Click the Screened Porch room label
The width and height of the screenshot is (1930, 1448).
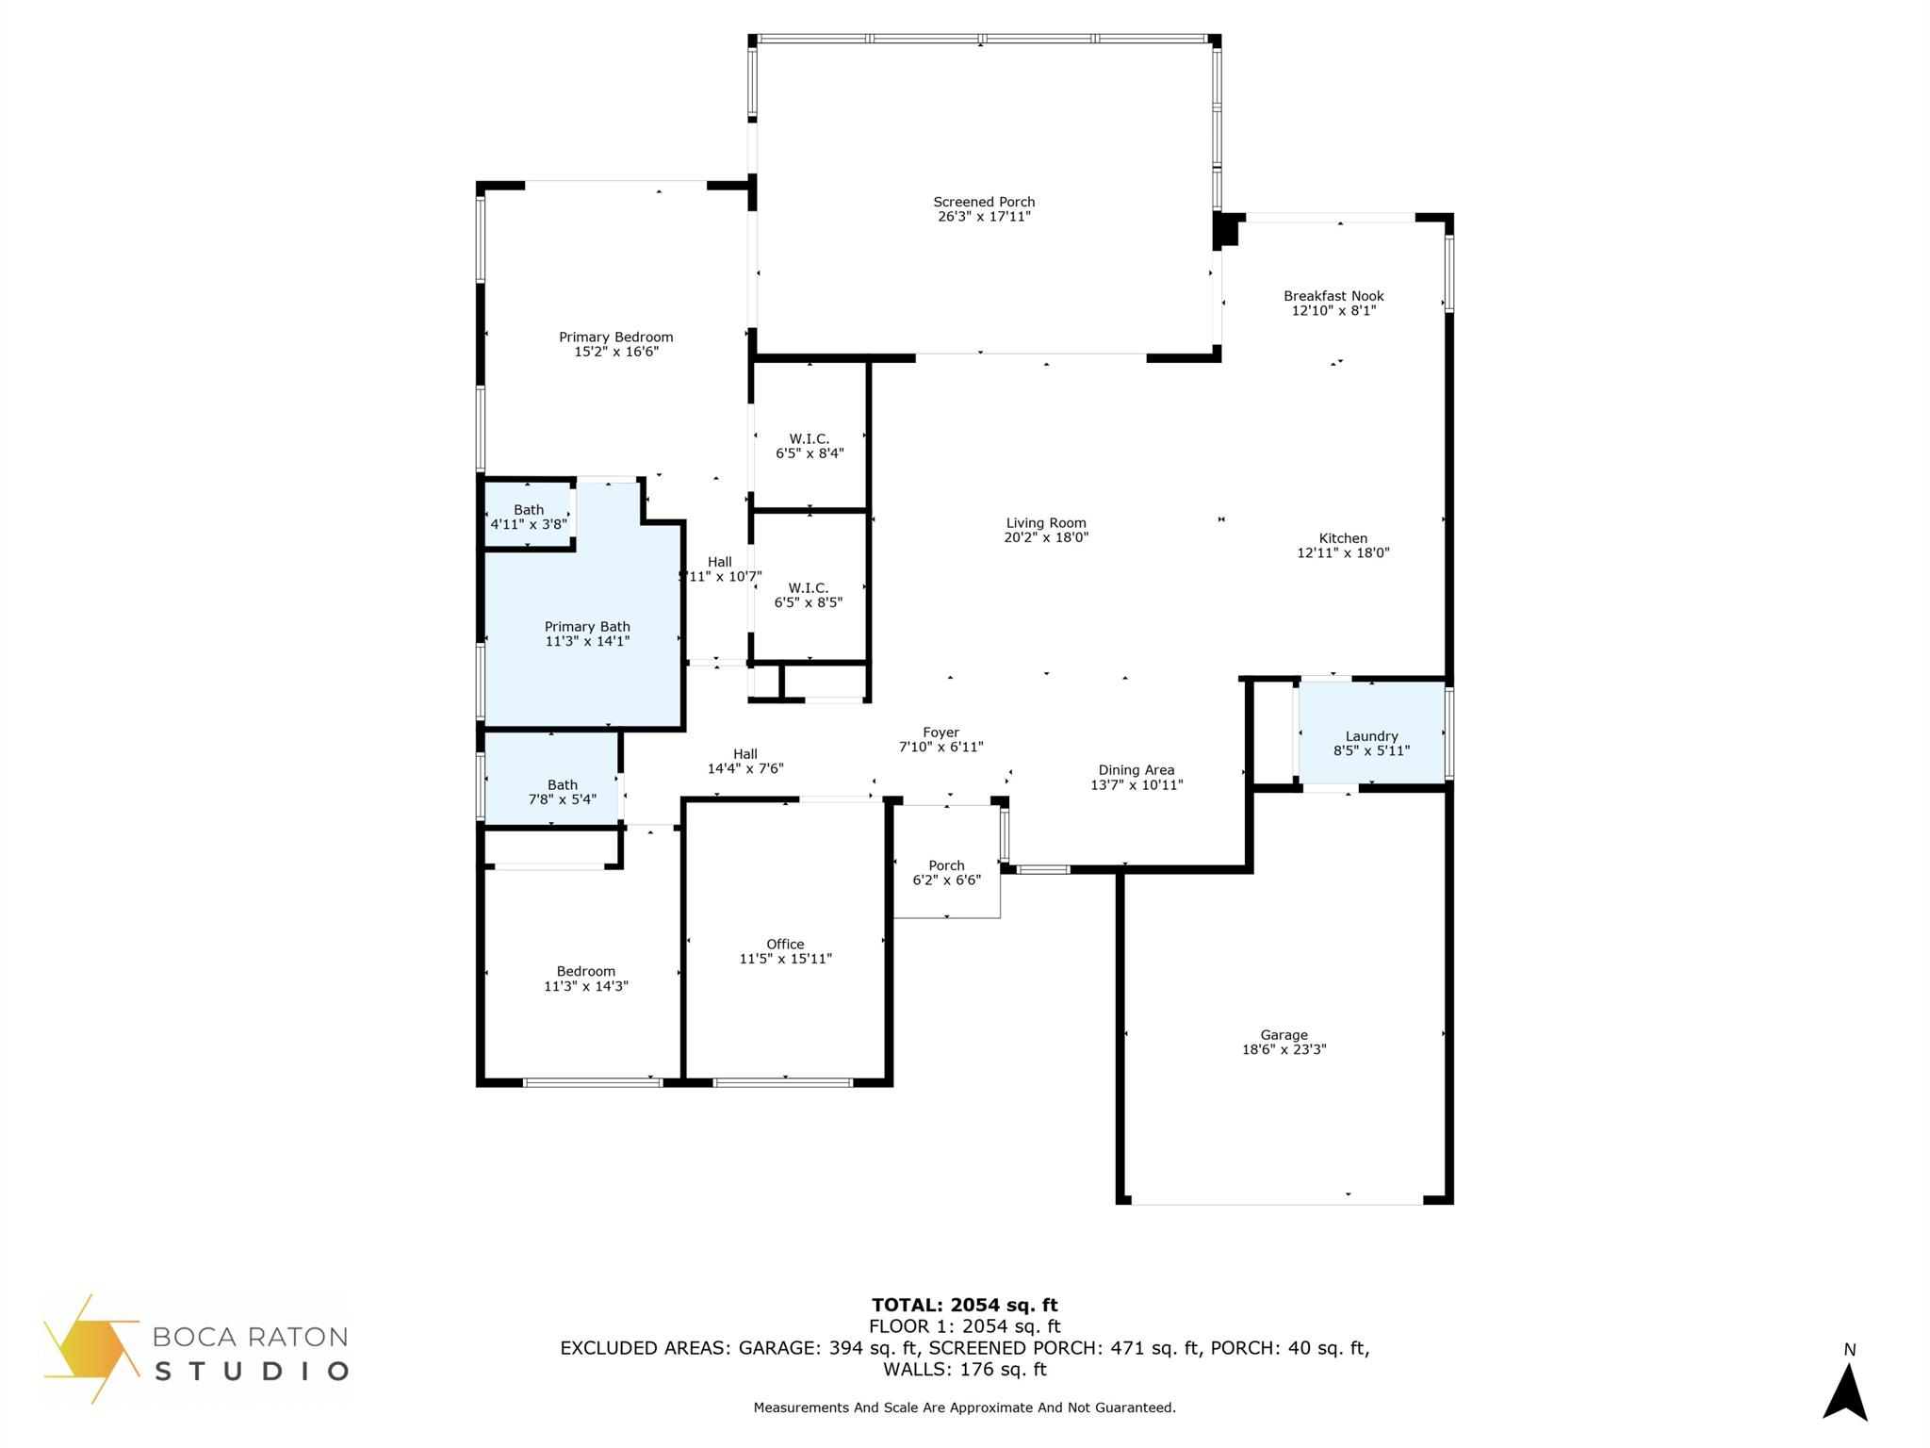(984, 202)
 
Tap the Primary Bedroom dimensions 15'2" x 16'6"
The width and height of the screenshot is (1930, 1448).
(615, 352)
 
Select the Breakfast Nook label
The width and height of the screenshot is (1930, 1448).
(1333, 296)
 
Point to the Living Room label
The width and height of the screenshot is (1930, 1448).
(1046, 523)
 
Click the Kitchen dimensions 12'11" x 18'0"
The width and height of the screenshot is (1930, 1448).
(1343, 553)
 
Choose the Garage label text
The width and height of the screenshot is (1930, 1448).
(1284, 1035)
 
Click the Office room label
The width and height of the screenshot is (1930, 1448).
(785, 945)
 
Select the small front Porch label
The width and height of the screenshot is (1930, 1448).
(946, 865)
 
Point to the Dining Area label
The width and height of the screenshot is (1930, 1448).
(1137, 770)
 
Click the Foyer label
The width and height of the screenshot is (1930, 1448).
(940, 732)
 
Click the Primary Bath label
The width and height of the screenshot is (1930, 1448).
(587, 627)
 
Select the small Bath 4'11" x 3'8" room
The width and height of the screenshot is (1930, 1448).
(529, 517)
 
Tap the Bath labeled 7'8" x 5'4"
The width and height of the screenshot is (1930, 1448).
(562, 792)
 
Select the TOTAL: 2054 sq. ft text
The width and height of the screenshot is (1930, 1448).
(964, 1305)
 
